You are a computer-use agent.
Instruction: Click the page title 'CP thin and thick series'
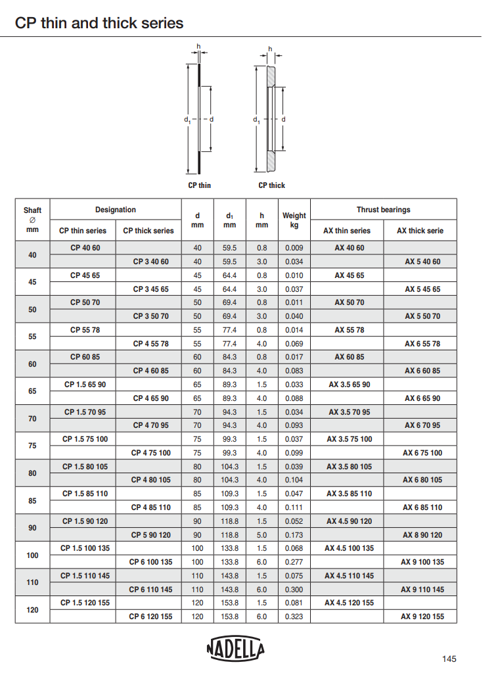tap(99, 24)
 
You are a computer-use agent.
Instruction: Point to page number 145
tap(449, 659)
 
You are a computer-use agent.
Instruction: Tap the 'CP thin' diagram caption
tap(200, 185)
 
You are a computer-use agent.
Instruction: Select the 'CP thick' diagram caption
tap(271, 185)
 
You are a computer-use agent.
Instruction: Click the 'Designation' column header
tap(116, 210)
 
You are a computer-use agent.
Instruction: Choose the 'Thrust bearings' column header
tap(383, 210)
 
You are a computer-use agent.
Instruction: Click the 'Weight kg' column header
tap(294, 220)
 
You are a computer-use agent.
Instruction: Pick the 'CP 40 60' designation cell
tap(85, 248)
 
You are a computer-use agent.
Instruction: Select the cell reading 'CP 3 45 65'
tap(150, 289)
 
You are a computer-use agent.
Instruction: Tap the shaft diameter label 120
tap(32, 610)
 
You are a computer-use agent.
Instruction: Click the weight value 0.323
tap(294, 617)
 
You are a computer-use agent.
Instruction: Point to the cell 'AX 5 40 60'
tap(422, 262)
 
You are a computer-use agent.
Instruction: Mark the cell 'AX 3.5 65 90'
tap(349, 385)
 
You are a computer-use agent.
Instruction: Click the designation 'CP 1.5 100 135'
tap(85, 548)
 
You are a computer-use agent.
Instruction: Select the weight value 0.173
tap(294, 535)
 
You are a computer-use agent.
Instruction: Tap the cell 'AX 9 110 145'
tap(422, 590)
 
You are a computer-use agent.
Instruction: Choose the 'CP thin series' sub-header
tap(83, 231)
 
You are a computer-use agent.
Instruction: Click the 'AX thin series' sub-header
tap(347, 231)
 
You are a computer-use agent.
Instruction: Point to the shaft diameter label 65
tap(32, 391)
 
